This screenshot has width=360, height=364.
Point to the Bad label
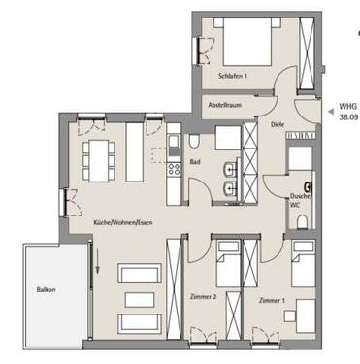click(x=194, y=162)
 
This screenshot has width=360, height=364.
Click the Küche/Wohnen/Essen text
click(x=122, y=222)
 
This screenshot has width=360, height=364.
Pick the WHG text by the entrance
click(x=344, y=109)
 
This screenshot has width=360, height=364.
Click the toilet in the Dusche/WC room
click(x=301, y=222)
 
